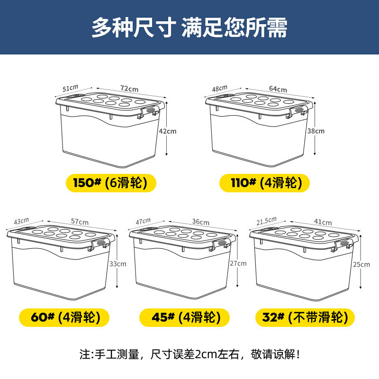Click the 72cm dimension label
129,89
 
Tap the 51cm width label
70,88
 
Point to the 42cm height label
168,131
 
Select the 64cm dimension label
278,89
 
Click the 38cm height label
316,131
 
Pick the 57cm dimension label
80,221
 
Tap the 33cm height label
117,264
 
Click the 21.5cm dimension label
266,221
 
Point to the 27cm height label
238,263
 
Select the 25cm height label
361,264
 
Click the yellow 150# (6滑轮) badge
111,183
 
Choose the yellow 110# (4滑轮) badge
264,183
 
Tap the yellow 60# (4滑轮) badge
64,317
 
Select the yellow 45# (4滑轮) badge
184,317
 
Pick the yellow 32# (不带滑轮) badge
305,317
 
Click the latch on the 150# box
148,113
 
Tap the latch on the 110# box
297,112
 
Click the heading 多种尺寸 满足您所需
189,27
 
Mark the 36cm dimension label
200,222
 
